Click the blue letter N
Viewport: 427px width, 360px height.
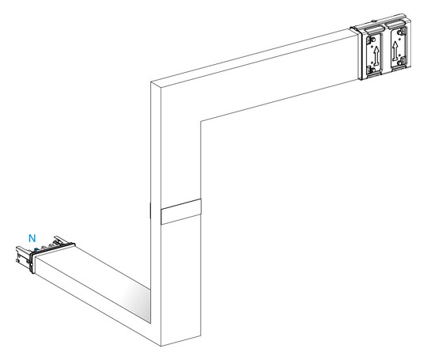(32, 238)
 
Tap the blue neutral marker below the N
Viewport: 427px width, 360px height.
(36, 249)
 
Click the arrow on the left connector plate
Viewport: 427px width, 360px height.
(376, 55)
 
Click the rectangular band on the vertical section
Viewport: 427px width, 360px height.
(181, 211)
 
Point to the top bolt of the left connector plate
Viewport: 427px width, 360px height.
(373, 40)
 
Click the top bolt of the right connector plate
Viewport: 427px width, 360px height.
(400, 32)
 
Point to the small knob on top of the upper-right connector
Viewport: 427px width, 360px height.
(375, 21)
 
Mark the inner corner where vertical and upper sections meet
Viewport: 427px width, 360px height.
(201, 121)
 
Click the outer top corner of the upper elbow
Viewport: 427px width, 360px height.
(150, 81)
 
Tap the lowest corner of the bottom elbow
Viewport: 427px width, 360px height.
(161, 346)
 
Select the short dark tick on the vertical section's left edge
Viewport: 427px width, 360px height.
(150, 210)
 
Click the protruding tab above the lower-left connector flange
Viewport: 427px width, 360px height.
(60, 239)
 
